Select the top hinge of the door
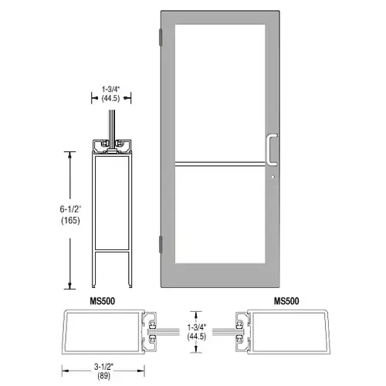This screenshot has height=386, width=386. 161,37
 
